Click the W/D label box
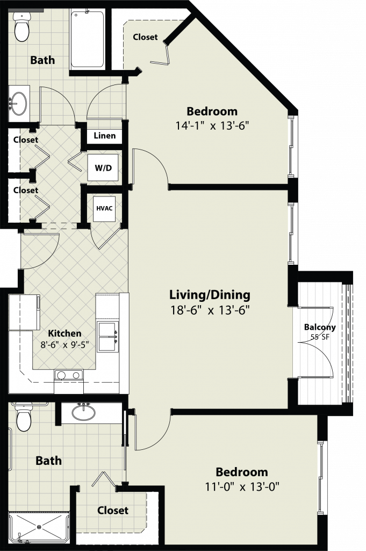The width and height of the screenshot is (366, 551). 103,168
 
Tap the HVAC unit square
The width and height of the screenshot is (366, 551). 104,209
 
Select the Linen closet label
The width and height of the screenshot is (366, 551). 105,136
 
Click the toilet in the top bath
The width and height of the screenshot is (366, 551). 21,27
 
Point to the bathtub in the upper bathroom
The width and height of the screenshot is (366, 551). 88,39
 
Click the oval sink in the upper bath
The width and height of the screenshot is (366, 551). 19,103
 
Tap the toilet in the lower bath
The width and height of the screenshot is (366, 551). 24,417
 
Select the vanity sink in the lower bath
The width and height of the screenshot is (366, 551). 83,412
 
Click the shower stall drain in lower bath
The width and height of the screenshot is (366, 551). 39,527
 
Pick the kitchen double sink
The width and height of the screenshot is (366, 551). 107,337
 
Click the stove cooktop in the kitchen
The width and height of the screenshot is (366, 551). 68,375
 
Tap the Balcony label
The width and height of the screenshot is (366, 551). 320,327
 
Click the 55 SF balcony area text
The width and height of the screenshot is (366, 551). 320,337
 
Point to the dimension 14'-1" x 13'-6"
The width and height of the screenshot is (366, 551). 212,125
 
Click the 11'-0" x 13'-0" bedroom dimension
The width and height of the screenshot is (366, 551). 242,486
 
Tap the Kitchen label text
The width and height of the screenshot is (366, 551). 64,333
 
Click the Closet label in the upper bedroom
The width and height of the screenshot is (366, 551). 145,37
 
